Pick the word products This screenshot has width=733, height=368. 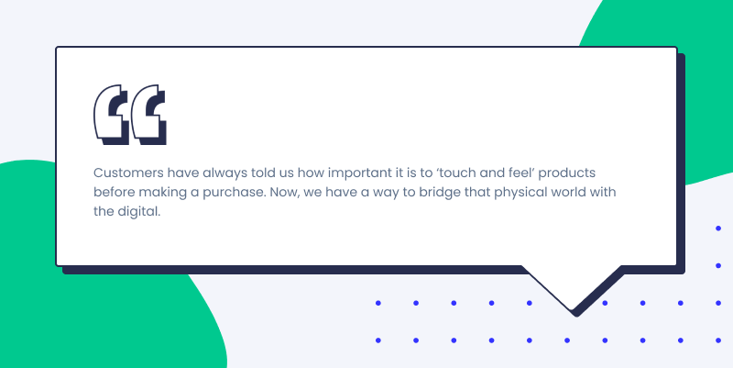(566, 173)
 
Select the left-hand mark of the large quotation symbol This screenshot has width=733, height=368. (112, 115)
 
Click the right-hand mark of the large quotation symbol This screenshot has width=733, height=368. (148, 115)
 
